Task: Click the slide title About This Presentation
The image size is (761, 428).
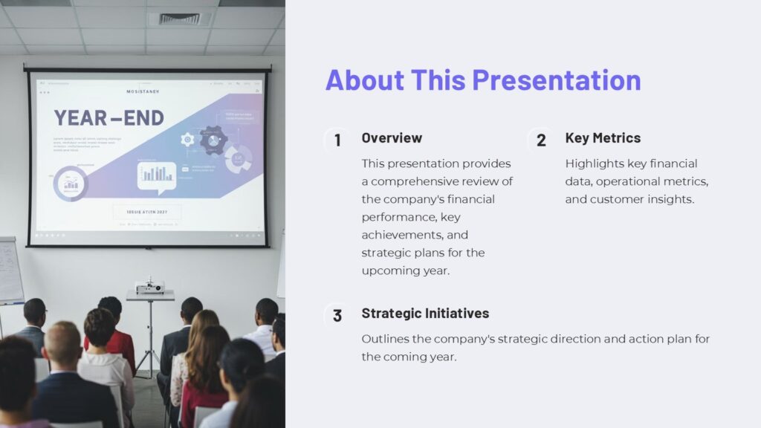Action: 483,80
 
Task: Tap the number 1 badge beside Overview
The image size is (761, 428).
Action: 337,140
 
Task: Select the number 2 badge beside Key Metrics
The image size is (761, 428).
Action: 541,140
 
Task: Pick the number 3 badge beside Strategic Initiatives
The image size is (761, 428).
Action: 337,316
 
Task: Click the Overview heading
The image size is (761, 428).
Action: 392,138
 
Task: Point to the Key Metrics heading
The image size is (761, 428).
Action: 603,138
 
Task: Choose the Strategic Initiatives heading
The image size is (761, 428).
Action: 425,314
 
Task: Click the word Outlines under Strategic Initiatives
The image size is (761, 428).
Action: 386,339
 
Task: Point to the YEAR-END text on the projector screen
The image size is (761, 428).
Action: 109,119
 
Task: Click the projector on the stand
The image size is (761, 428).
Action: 149,287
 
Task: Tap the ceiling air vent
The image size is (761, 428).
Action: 180,18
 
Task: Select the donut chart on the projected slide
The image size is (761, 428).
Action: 71,183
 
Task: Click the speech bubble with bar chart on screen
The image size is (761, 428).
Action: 157,175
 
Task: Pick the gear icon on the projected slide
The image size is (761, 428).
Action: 187,139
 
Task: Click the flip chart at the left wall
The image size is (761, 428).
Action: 10,270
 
